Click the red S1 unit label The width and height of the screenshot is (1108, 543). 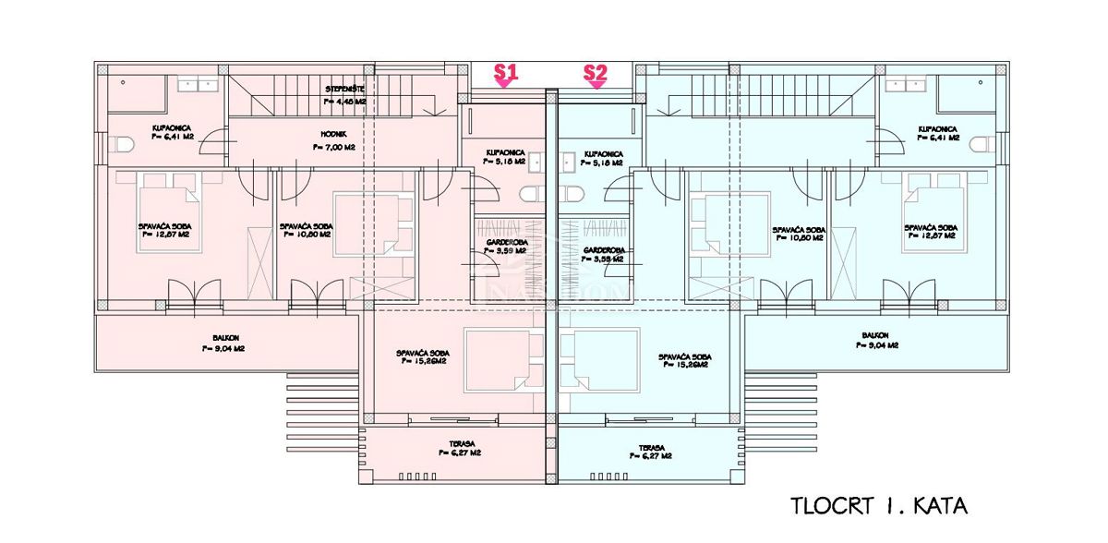click(504, 71)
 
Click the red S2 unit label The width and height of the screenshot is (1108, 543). click(596, 71)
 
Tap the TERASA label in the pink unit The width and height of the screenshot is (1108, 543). click(457, 449)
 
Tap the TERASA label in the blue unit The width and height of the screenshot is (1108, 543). click(651, 449)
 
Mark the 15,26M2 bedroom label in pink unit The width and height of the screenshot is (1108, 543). click(421, 357)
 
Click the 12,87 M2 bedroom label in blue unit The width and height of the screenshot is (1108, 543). click(929, 231)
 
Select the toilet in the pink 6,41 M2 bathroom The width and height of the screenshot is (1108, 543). click(126, 145)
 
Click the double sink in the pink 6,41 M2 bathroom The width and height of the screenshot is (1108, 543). click(201, 85)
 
